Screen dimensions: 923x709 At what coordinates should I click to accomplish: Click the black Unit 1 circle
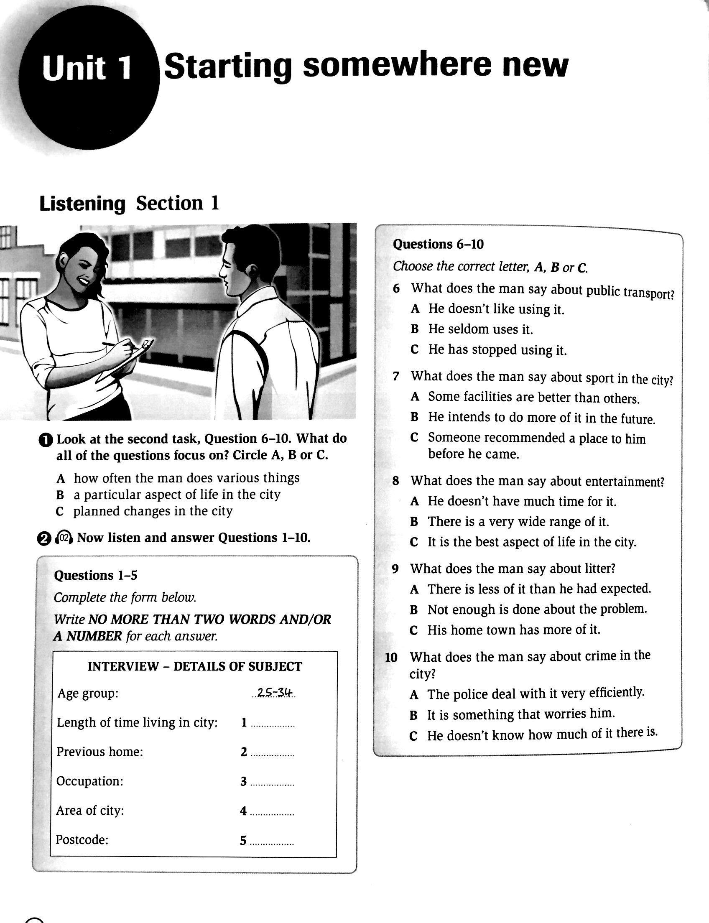coord(86,80)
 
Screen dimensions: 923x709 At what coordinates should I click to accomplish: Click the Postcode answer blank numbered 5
coord(272,842)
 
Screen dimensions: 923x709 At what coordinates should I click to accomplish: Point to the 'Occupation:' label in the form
coord(90,781)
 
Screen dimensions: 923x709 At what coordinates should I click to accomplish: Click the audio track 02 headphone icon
coord(64,538)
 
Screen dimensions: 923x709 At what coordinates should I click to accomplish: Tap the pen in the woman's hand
coord(120,345)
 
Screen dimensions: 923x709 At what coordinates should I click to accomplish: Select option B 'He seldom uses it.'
coord(480,329)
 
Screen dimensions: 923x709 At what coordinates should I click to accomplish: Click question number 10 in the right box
coord(391,658)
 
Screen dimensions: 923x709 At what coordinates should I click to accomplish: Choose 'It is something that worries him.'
coord(521,714)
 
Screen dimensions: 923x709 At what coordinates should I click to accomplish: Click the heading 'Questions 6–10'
coord(438,245)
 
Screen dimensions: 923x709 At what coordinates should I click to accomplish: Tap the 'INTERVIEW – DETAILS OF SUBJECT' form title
coord(194,666)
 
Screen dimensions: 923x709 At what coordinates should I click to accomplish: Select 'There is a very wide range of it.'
coord(518,522)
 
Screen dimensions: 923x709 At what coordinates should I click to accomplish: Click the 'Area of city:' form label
coord(90,810)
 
